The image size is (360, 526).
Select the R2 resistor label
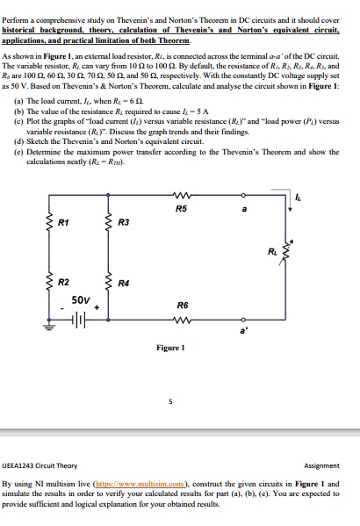63,284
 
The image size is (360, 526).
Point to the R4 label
123,284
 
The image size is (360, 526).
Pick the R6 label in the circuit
180,305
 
